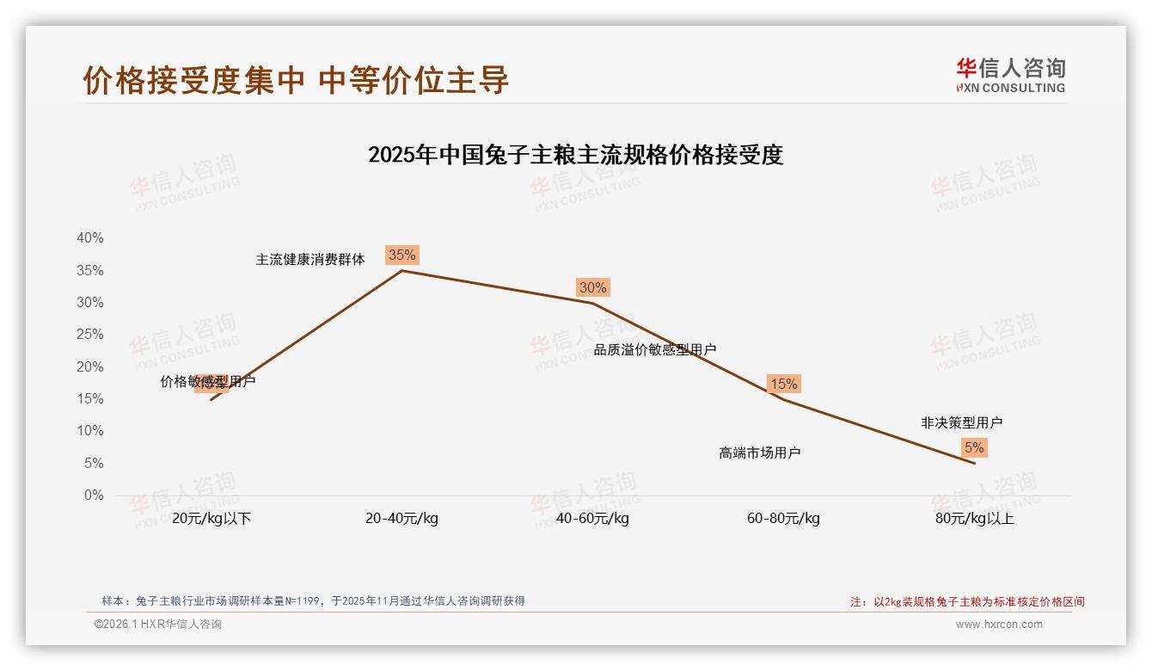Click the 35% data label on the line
coord(401,255)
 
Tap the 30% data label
coord(592,287)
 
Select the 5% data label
coord(973,447)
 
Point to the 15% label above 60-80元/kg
coord(783,384)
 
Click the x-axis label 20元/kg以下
coord(211,519)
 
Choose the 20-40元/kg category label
coord(401,519)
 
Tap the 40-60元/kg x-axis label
coord(592,519)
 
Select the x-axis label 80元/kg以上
coord(975,519)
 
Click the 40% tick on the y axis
coord(90,238)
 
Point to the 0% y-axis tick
coord(94,496)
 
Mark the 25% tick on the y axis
coord(90,335)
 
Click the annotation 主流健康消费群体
coord(310,259)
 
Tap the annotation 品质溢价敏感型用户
coord(655,349)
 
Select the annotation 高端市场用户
coord(760,452)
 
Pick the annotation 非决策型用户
coord(961,422)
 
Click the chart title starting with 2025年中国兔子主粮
coord(575,155)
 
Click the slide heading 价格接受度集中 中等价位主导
coord(296,80)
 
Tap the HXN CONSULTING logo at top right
coord(1010,76)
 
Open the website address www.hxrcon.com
coord(999,625)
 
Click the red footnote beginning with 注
coord(967,602)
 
